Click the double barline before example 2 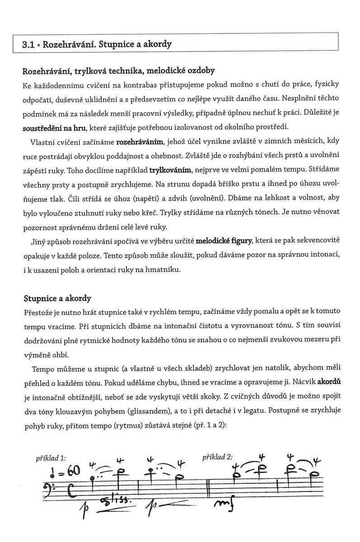click(208, 488)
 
